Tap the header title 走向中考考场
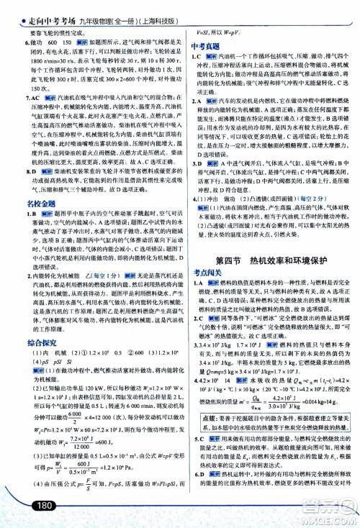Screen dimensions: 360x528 point(52,9)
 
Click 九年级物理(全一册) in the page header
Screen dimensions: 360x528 point(112,9)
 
